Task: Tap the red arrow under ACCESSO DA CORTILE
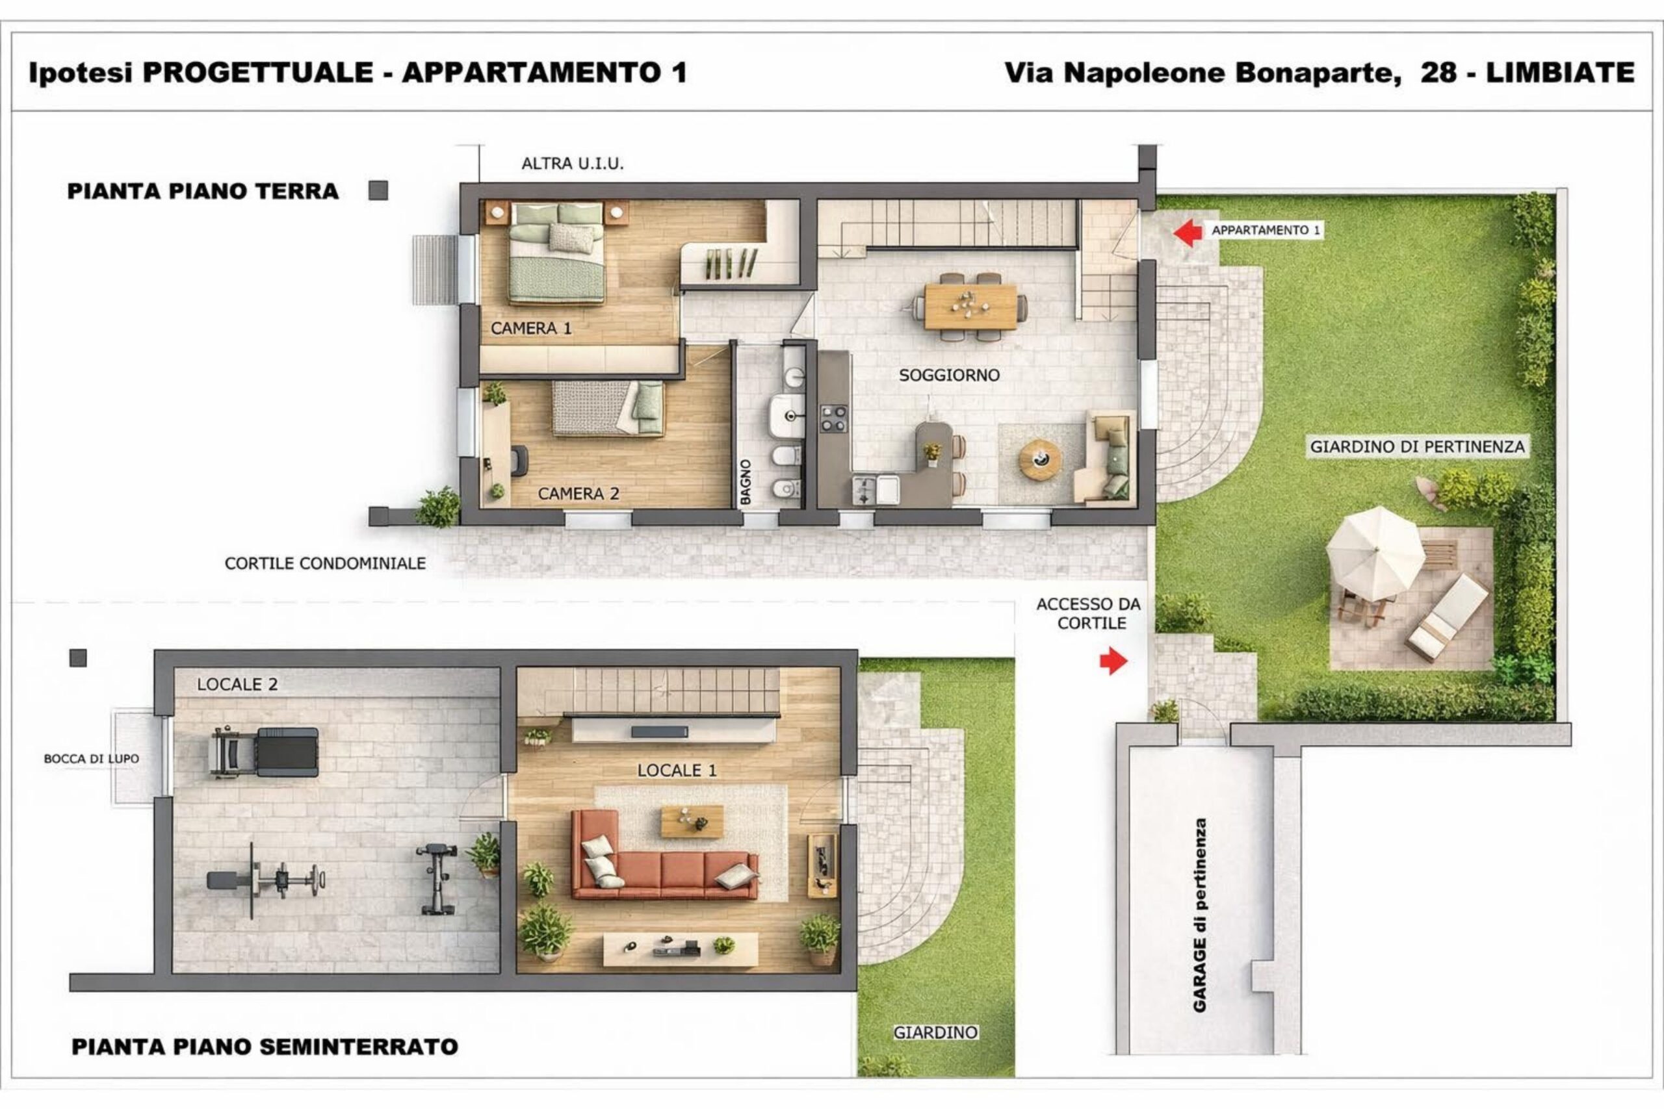[1113, 661]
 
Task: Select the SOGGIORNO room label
[950, 376]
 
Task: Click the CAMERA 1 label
[530, 328]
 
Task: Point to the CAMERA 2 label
[578, 494]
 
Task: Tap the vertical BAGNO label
[745, 481]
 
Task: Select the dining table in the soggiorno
[970, 306]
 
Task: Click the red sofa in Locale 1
[663, 855]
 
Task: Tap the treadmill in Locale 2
[264, 752]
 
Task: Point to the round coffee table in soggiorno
[1040, 460]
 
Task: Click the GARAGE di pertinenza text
[1200, 915]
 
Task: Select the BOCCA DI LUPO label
[91, 759]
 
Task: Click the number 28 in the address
[1438, 72]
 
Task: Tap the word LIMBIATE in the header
[1560, 72]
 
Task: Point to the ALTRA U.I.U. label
[573, 163]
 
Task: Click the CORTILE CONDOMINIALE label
[326, 564]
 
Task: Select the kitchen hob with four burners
[833, 418]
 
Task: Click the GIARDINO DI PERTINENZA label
[1417, 447]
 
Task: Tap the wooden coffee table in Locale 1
[692, 821]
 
